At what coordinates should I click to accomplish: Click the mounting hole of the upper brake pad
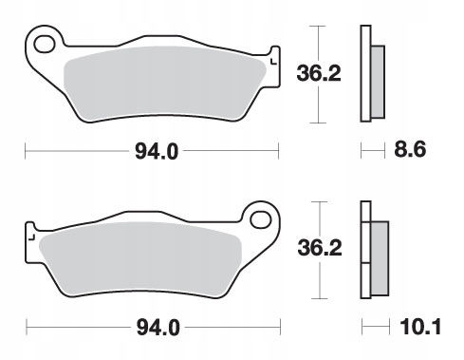coord(44,45)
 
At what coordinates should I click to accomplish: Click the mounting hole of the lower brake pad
coord(261,219)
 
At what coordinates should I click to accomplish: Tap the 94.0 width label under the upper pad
coord(157,151)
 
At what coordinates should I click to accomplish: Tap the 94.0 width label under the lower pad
coord(158,328)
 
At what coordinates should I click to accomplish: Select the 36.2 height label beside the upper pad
coord(319,73)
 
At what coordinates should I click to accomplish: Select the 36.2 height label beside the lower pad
coord(320,248)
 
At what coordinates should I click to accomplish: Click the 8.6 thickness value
coord(410,149)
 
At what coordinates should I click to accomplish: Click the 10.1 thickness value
coord(420,327)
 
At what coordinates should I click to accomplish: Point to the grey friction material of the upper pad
coord(164,83)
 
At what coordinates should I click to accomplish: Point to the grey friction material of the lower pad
coord(140,259)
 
